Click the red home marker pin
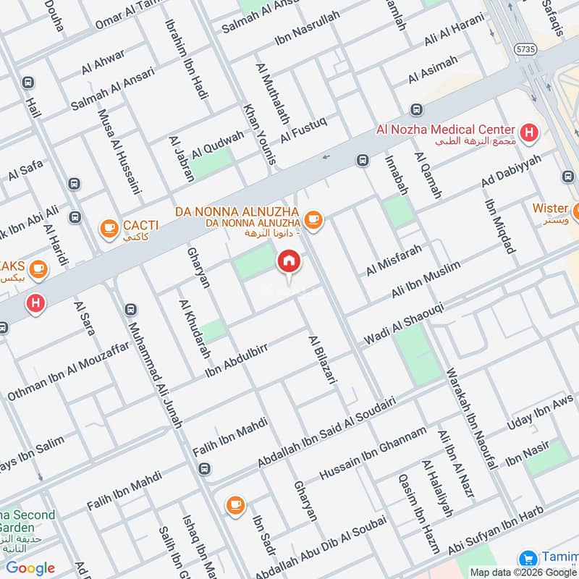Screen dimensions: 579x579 pyautogui.click(x=289, y=263)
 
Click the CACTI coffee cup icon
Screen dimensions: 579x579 pyautogui.click(x=109, y=229)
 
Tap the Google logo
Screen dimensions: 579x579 pyautogui.click(x=30, y=568)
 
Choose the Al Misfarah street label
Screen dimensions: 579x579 pyautogui.click(x=393, y=259)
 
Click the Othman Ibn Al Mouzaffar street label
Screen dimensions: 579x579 pyautogui.click(x=68, y=371)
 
